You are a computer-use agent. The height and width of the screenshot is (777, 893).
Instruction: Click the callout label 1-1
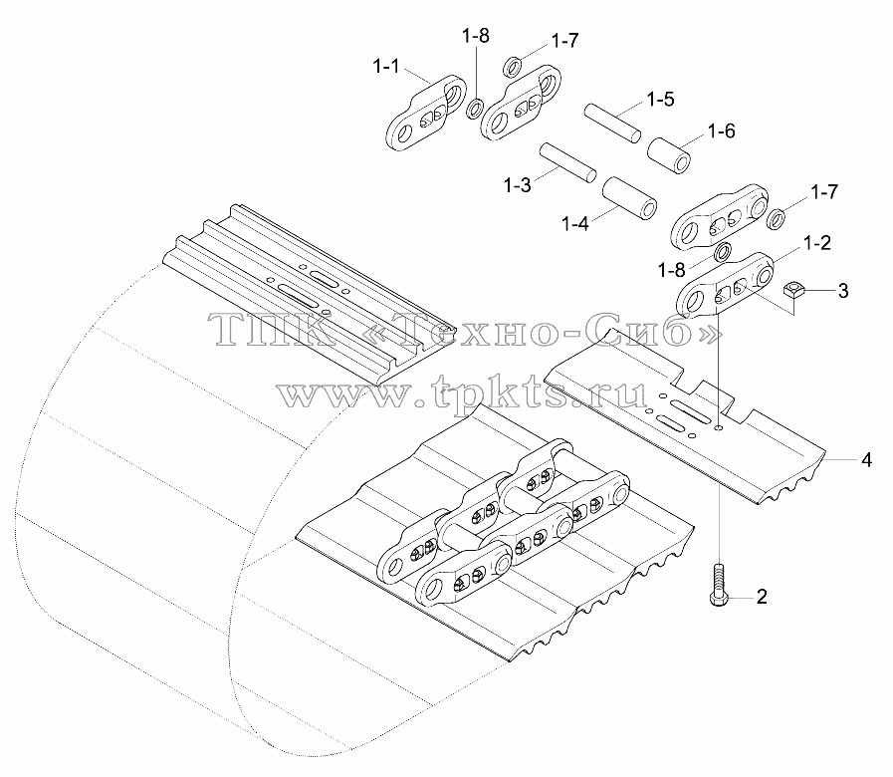(x=386, y=67)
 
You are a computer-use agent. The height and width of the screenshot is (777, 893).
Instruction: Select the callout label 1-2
(x=817, y=243)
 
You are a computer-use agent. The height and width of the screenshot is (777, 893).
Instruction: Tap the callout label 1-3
(x=517, y=185)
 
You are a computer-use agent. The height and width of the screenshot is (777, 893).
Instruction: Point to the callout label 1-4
(x=575, y=223)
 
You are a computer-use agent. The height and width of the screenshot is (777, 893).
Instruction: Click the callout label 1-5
(x=661, y=100)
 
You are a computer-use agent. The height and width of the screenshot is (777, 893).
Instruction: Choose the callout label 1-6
(x=722, y=131)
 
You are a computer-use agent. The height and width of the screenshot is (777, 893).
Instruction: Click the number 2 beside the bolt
(x=762, y=597)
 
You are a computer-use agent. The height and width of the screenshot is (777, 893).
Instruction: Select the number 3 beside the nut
(x=843, y=291)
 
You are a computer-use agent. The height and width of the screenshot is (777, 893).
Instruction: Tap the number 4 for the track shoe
(x=866, y=459)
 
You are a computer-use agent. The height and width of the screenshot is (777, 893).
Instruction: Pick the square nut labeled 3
(x=793, y=291)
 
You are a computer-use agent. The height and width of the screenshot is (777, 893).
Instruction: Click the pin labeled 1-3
(x=567, y=163)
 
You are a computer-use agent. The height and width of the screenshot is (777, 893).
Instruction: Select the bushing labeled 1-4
(x=629, y=197)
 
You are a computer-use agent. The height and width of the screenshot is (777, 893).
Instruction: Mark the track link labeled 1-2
(x=725, y=283)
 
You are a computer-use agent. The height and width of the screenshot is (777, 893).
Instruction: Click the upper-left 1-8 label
(x=475, y=37)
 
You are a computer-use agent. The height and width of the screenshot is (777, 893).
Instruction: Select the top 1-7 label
(x=564, y=41)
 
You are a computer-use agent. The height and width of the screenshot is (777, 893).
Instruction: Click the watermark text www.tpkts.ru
(x=463, y=391)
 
